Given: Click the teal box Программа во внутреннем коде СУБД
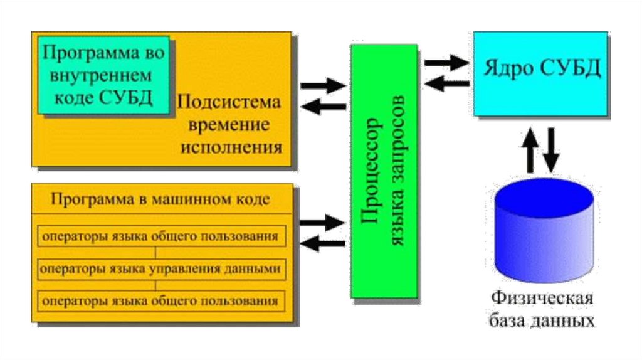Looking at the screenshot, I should coord(104,76).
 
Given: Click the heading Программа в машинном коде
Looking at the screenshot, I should coord(161,200).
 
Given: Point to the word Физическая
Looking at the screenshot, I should coord(542,297).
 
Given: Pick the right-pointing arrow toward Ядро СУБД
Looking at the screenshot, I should coord(446,63).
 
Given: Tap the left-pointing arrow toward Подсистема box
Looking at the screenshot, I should coord(322,107).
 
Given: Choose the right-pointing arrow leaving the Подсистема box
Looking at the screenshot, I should coord(322,86).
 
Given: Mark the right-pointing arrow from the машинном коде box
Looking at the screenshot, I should coord(322,221).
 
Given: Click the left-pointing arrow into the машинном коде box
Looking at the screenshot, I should coord(322,242).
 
